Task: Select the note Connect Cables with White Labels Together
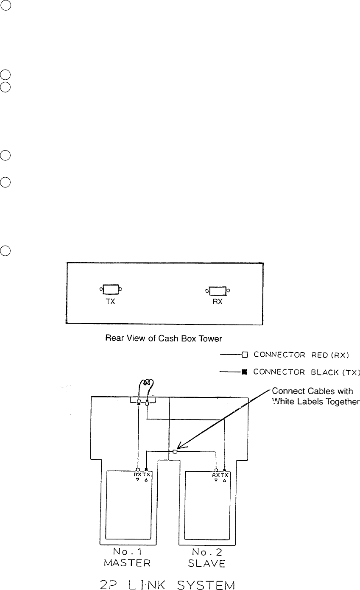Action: click(315, 395)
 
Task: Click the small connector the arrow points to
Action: click(175, 452)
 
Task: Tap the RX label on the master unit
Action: click(137, 475)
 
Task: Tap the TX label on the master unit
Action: click(146, 475)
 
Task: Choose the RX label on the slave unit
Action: click(216, 475)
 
